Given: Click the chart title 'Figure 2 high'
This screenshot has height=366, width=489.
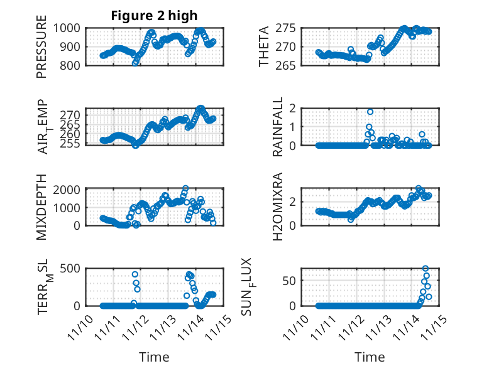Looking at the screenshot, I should click(154, 16).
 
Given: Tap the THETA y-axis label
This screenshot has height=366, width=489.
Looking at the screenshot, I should click(264, 46).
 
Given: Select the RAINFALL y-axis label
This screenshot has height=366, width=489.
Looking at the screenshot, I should click(277, 127).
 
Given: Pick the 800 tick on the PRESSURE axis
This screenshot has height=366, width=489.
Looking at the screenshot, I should click(70, 65).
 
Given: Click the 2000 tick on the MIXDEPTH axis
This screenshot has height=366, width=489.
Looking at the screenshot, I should click(67, 189).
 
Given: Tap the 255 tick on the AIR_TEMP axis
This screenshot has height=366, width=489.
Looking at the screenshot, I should click(70, 143).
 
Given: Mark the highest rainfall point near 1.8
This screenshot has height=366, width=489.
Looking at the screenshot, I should click(370, 112).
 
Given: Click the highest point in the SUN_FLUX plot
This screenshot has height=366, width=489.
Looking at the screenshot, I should click(426, 269).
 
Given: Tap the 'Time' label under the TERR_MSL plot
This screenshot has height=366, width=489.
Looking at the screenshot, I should click(154, 357).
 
